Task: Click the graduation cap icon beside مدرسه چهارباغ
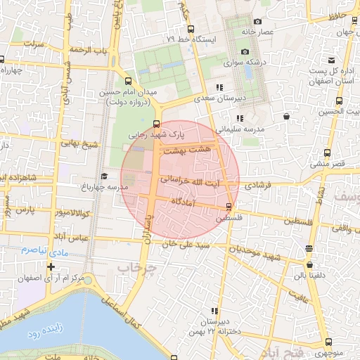click(104, 176)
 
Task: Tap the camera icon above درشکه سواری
click(245, 51)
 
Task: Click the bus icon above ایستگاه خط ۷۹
click(191, 29)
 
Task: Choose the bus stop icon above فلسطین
click(229, 206)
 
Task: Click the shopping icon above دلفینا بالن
click(310, 266)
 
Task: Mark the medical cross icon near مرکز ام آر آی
click(51, 266)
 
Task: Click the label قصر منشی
click(328, 163)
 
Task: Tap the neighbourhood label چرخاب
click(134, 268)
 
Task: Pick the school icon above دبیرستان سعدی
click(219, 87)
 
